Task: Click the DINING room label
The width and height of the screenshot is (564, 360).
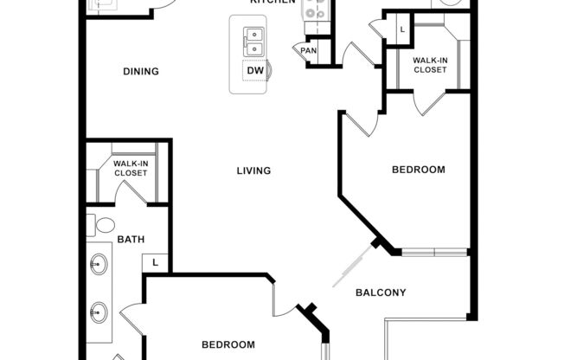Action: point(140,71)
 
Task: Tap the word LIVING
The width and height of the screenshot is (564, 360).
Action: point(254,170)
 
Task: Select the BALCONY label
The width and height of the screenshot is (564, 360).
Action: point(381,292)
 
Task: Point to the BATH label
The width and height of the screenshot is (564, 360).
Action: point(131,240)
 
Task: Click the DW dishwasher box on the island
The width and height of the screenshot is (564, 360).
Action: point(255,71)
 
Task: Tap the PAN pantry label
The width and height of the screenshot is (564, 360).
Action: point(309,51)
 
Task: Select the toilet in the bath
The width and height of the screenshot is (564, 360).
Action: point(105,226)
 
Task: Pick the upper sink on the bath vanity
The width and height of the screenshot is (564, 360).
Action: point(99,262)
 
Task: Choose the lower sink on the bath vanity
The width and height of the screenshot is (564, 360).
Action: point(99,310)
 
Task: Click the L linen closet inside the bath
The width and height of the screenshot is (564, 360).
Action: point(156,261)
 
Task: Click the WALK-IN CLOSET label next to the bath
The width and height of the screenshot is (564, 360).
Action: point(131,168)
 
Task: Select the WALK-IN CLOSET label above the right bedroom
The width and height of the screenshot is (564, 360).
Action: point(430,65)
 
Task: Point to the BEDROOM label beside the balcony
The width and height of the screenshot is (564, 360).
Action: point(419,170)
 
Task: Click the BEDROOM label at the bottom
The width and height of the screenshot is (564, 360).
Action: point(228,344)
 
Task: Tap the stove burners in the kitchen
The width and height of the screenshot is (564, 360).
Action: point(314,10)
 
